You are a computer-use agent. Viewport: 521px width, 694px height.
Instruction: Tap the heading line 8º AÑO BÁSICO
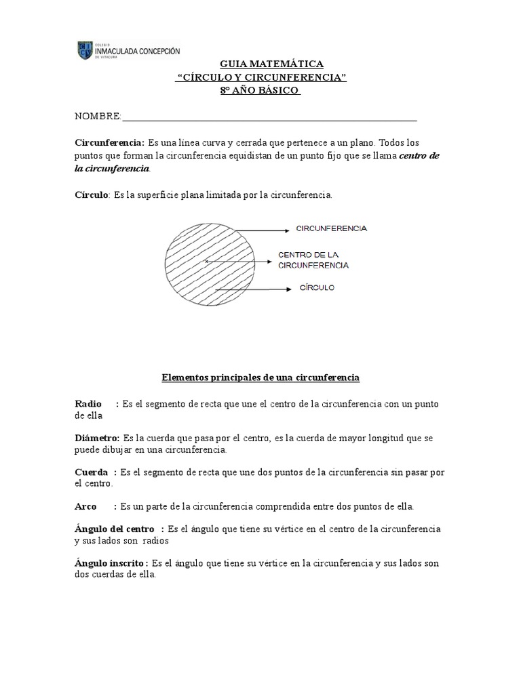click(x=260, y=91)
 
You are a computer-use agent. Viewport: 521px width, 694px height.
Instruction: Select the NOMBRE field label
click(x=97, y=117)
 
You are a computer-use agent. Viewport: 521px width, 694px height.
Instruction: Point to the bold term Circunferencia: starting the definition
click(x=109, y=143)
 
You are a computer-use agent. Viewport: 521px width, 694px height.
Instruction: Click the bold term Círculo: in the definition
click(x=92, y=195)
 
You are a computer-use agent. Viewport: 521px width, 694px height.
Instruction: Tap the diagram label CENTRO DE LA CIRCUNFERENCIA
click(x=313, y=260)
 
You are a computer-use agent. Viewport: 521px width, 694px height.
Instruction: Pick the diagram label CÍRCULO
click(x=317, y=288)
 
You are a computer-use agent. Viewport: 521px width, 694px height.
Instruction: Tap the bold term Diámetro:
click(x=97, y=438)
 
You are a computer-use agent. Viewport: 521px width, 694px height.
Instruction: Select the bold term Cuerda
click(x=91, y=472)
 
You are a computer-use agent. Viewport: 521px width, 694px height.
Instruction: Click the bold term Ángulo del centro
click(x=116, y=529)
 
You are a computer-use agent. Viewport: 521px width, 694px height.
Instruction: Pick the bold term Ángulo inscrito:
click(x=112, y=563)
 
